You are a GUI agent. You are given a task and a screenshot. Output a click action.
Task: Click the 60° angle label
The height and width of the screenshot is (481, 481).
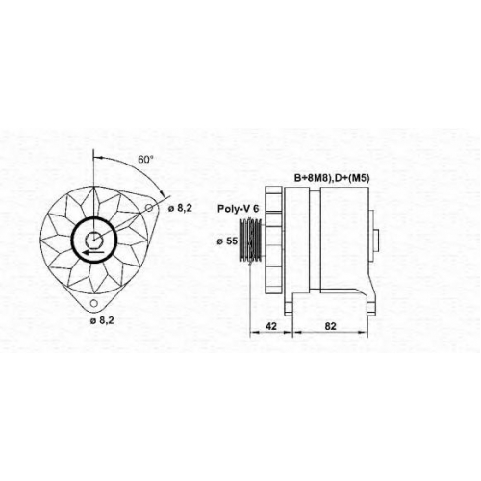point(145,159)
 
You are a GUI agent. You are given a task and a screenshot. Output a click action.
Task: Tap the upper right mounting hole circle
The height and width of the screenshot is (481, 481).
point(149,208)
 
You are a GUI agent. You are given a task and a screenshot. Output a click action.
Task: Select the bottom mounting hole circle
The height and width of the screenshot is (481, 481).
point(93,303)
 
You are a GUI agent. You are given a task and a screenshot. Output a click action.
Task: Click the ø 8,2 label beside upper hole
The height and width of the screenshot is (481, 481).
point(180,209)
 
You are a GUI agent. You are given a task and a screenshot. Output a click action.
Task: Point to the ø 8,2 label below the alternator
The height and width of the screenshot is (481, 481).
point(102,320)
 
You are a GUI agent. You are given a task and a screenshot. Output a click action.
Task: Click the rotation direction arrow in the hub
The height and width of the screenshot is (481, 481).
point(93,252)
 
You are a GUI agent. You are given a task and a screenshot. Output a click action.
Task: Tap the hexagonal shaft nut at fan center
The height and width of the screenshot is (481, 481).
point(93,240)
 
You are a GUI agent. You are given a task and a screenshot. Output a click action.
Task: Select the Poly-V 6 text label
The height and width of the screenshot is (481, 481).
point(238,209)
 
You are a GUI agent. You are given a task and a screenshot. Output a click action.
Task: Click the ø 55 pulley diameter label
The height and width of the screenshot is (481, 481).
point(227,241)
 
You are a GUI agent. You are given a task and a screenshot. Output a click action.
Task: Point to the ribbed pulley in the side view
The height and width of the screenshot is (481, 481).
point(251,240)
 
